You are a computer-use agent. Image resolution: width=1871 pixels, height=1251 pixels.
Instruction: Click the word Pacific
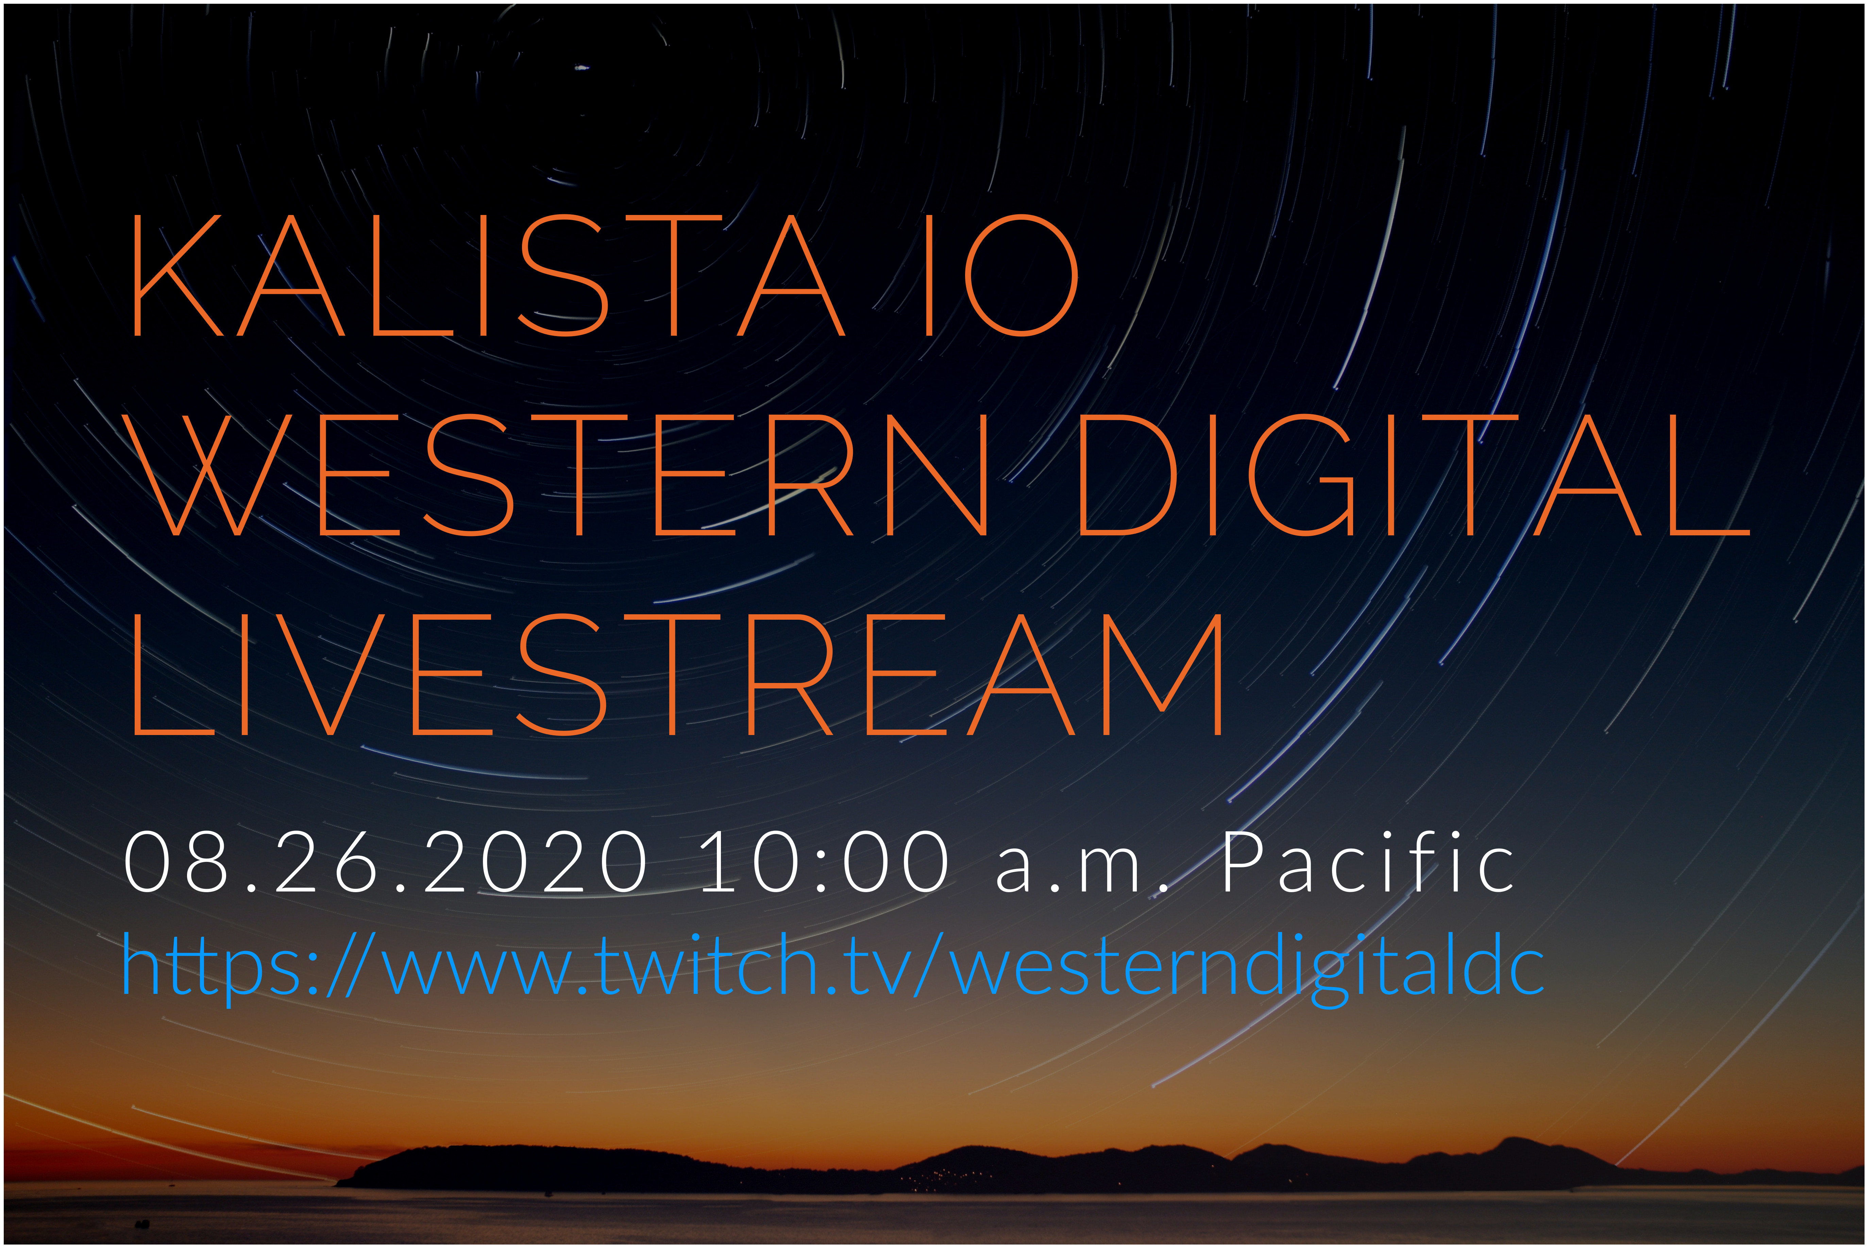pos(1368,862)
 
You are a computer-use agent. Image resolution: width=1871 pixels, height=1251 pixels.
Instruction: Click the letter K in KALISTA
pos(177,275)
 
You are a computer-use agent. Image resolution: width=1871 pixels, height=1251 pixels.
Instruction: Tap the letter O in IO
pos(1022,275)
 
